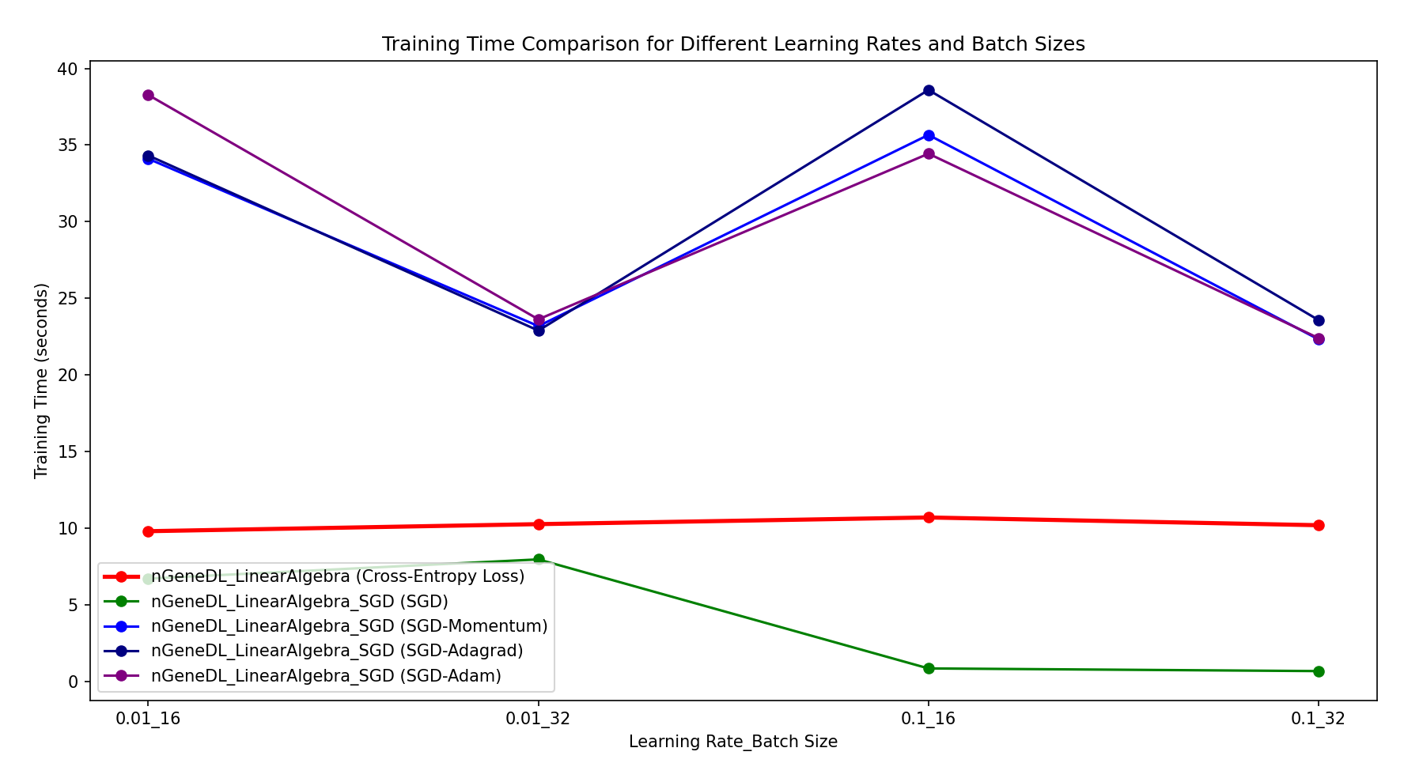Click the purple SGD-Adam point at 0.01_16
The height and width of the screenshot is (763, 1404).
point(148,95)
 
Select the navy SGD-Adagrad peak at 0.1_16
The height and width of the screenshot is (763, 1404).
point(929,90)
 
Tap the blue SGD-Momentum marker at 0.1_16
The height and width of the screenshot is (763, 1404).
point(929,135)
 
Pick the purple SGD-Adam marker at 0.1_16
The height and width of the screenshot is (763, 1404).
point(929,153)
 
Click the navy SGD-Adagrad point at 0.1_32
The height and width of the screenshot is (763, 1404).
point(1319,320)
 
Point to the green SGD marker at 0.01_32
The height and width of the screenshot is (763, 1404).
point(539,559)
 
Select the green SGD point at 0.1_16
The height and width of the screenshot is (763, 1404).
point(929,668)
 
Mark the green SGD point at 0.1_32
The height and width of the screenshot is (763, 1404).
point(1319,671)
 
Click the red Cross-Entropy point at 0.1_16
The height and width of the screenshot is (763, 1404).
point(929,517)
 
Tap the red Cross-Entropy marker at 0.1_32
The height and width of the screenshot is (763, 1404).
point(1319,525)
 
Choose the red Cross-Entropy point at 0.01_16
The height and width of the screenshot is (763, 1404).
point(148,531)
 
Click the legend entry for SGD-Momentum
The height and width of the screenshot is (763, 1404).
point(349,626)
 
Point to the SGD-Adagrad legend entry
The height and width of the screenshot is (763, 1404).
point(337,651)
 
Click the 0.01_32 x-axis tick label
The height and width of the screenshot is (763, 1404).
point(539,719)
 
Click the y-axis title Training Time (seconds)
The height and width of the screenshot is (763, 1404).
point(41,380)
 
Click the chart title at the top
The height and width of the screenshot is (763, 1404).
point(733,44)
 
